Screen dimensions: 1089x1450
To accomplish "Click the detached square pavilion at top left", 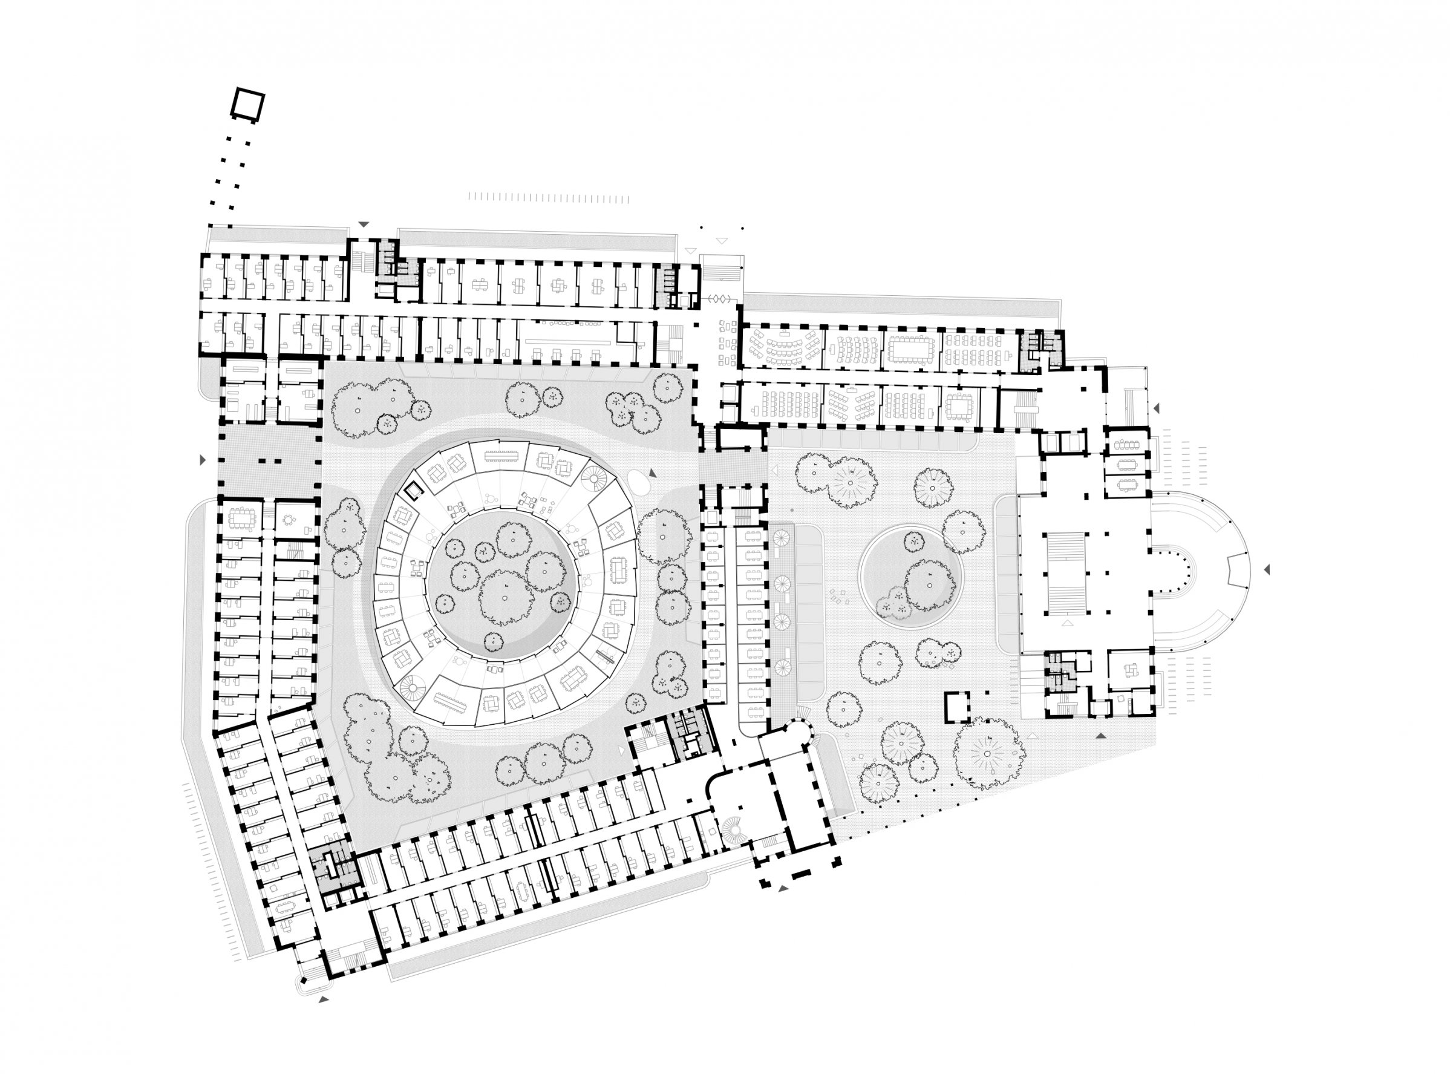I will point(248,105).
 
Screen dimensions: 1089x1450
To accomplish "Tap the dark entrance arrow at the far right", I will point(1267,570).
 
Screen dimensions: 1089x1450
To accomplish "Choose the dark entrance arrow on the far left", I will point(203,461).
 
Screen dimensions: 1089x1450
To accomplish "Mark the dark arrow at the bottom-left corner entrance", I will point(322,1000).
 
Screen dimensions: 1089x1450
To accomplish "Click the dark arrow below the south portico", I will point(783,888).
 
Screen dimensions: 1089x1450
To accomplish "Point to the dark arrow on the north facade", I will point(363,224).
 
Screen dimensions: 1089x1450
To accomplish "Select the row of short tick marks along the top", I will point(549,198).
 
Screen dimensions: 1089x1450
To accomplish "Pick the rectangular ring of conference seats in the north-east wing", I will point(912,347).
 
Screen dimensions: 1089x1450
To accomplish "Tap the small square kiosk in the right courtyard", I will point(956,707).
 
